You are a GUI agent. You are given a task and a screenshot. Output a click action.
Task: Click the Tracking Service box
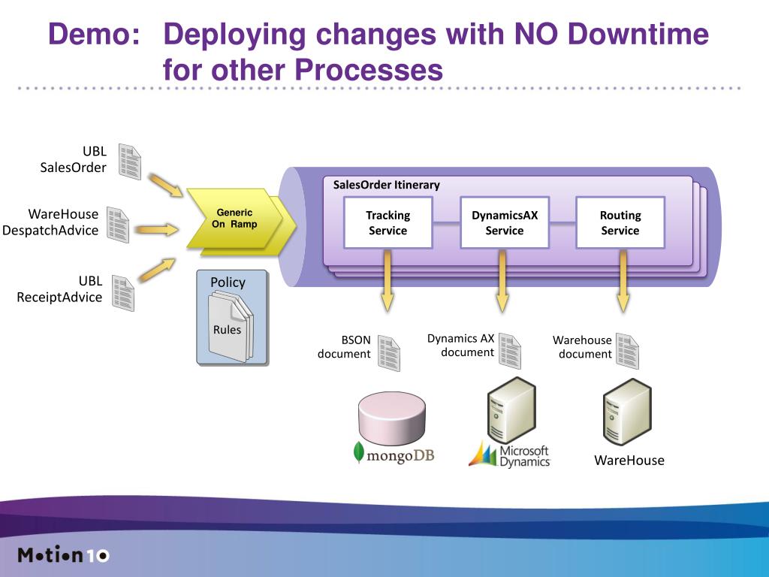(388, 222)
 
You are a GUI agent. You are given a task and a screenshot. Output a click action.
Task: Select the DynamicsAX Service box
(504, 222)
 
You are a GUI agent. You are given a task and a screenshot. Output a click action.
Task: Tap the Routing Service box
(620, 222)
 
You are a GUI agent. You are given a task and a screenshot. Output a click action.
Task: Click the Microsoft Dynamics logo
(509, 455)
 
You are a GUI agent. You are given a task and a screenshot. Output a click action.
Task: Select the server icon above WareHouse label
(626, 412)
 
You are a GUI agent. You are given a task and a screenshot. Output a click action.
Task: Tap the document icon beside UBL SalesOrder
(129, 162)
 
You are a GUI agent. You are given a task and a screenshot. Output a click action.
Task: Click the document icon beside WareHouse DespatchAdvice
(118, 225)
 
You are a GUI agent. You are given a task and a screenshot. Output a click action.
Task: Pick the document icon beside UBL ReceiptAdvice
(122, 293)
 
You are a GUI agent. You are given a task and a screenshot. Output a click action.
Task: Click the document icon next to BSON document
(388, 352)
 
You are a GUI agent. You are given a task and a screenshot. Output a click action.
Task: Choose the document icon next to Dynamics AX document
(509, 351)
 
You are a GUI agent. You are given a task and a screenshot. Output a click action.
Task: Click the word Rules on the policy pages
(227, 329)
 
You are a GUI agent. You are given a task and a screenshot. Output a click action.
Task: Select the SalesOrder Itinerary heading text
(386, 185)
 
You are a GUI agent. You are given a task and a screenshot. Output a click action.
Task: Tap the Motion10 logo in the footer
(63, 556)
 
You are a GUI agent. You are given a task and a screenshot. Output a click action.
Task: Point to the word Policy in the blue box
(228, 282)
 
